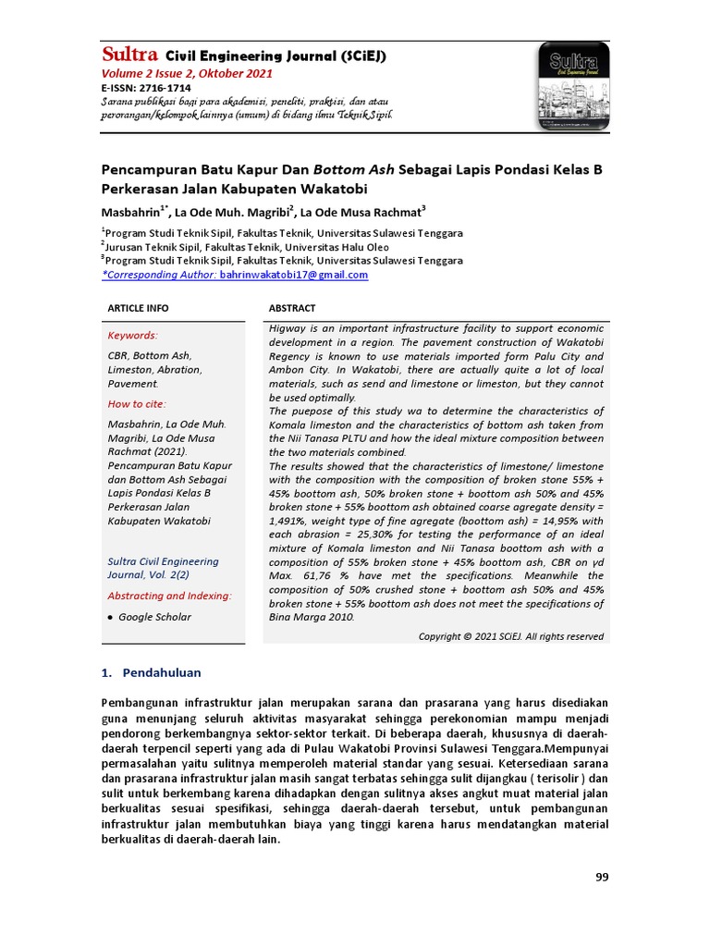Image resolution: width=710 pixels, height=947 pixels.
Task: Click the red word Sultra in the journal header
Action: (x=129, y=55)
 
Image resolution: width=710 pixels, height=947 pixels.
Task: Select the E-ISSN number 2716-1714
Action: (x=165, y=88)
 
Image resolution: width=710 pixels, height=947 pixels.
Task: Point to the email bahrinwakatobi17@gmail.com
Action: (x=293, y=275)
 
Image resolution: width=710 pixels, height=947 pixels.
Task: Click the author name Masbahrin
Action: (x=130, y=211)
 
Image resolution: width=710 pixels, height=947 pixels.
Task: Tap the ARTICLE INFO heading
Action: (x=139, y=308)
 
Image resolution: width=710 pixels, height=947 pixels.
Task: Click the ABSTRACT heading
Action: (x=292, y=308)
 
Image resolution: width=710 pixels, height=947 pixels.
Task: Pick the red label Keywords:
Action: (x=133, y=336)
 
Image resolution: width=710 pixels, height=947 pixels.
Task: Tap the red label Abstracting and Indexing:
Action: (x=170, y=596)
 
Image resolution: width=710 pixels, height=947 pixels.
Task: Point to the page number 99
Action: (x=602, y=878)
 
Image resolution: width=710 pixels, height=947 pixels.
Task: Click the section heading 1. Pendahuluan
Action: (x=151, y=672)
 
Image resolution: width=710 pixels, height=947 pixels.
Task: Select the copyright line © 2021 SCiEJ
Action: (x=511, y=636)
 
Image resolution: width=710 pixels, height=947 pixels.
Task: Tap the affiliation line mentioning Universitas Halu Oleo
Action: (x=245, y=247)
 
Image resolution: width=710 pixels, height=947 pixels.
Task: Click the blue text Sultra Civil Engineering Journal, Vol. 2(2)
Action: (x=164, y=568)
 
